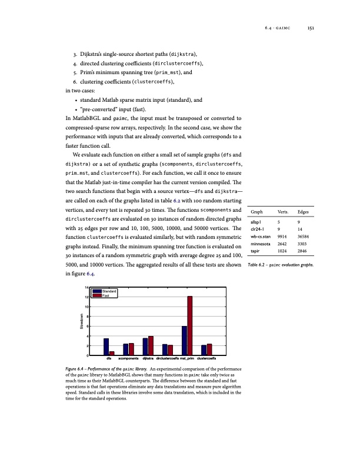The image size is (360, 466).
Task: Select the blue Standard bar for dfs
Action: [106, 347]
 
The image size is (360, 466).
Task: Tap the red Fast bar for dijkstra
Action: [151, 345]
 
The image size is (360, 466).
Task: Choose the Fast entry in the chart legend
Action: [106, 295]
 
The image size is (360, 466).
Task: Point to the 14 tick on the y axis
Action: [86, 287]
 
